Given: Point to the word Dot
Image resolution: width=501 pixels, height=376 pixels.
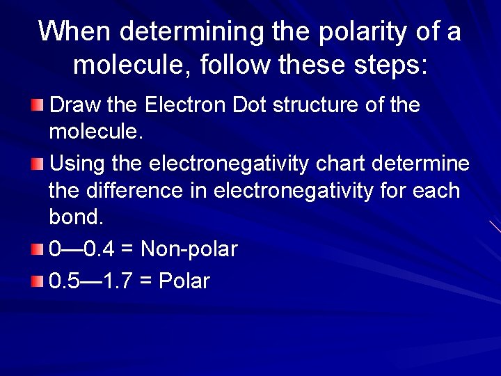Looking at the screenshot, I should [250, 105].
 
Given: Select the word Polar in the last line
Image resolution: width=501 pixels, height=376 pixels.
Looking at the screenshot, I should [184, 281].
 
